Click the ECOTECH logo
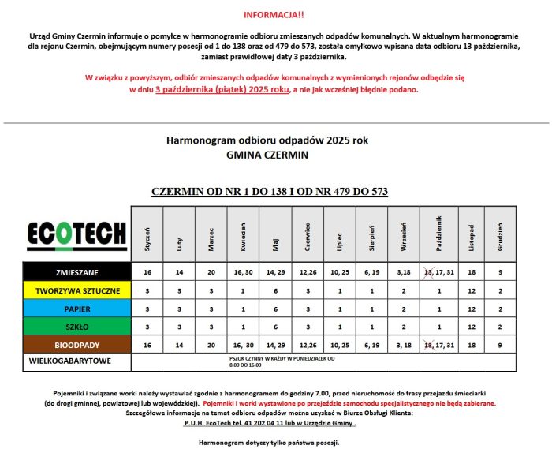tap(77, 234)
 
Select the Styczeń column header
tap(147, 234)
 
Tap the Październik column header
tap(436, 234)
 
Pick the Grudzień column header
tap(500, 234)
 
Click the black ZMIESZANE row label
tap(77, 272)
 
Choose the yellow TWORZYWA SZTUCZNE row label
tap(77, 290)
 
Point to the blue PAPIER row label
tap(77, 309)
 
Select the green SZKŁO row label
tap(77, 327)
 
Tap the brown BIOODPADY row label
tap(77, 345)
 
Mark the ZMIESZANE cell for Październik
tap(436, 272)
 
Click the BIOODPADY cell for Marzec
tap(211, 345)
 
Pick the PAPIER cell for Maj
tap(275, 309)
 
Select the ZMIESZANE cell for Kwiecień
tap(243, 272)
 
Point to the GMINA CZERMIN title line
tap(267, 155)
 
